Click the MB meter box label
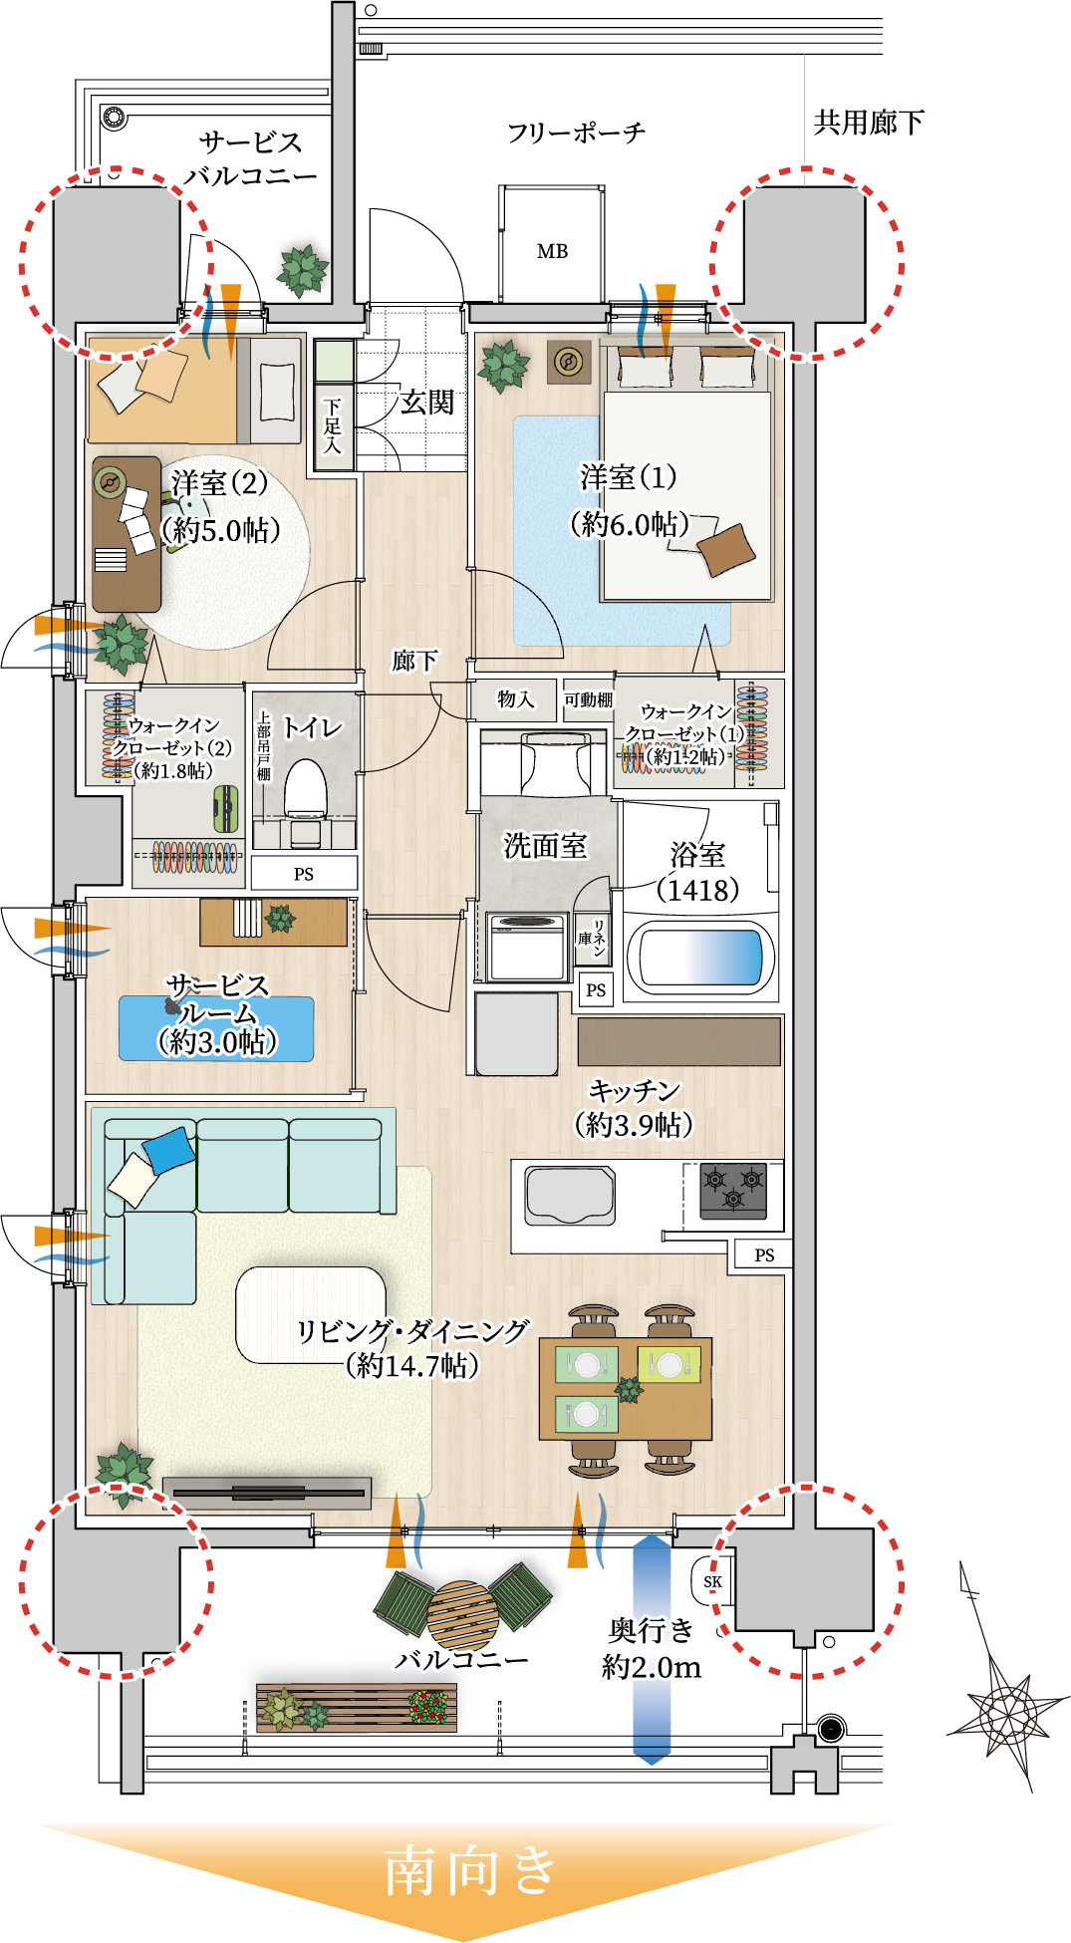(552, 252)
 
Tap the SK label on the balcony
(712, 1581)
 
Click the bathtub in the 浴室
(700, 958)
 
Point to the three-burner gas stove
(733, 1190)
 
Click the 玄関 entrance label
(427, 403)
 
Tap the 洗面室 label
(545, 846)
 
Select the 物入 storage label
(515, 699)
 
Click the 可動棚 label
(588, 699)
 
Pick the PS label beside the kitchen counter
(764, 1255)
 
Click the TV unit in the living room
(267, 1492)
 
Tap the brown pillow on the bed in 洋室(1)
(725, 550)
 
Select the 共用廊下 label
(869, 123)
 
